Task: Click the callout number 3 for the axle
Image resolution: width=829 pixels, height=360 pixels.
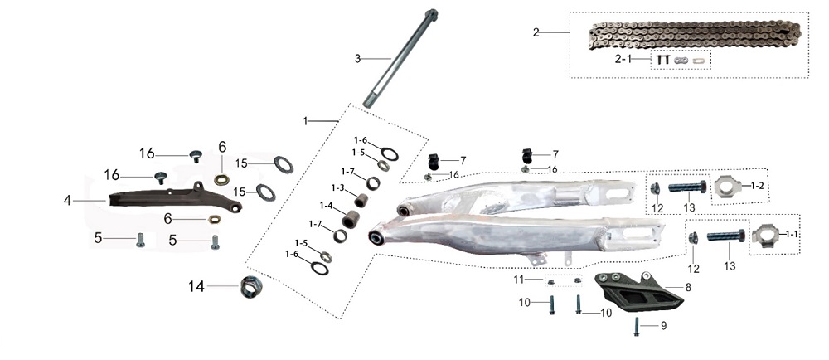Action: click(x=358, y=58)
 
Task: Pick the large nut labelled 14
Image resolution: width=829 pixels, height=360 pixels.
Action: click(x=250, y=288)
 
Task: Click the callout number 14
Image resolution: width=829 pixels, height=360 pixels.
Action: click(x=196, y=287)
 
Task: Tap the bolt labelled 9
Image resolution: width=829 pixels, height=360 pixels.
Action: click(x=637, y=327)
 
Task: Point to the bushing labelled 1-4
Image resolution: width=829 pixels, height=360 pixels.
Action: click(x=352, y=219)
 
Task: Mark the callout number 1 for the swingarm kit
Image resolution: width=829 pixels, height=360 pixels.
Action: click(x=305, y=121)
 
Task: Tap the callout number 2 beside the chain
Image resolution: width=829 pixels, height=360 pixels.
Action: click(x=536, y=32)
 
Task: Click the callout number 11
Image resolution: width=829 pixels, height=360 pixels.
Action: click(x=518, y=279)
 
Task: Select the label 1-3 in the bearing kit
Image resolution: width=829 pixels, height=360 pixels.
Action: click(x=337, y=187)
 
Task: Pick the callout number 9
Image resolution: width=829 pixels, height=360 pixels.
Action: click(x=664, y=326)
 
